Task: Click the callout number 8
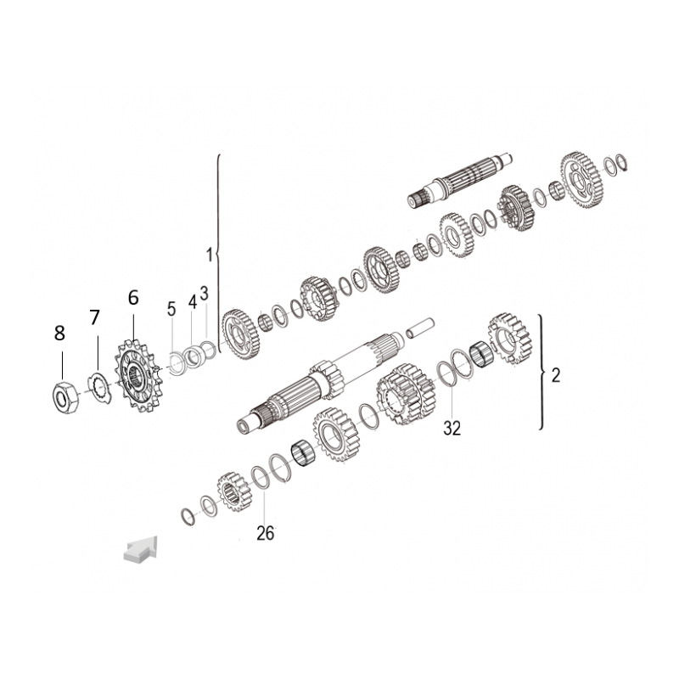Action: pos(59,333)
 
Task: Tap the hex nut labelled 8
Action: pos(65,396)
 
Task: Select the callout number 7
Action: pos(95,317)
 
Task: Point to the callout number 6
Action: pos(133,298)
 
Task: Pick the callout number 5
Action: pos(171,309)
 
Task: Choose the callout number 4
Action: pos(193,302)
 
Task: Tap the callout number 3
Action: pos(205,293)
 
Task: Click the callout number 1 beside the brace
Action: pos(209,255)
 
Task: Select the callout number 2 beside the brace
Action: pos(556,375)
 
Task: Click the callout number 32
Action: pos(452,429)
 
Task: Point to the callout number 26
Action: pos(265,534)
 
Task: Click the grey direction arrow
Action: pos(141,549)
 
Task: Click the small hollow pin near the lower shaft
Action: pos(419,328)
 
